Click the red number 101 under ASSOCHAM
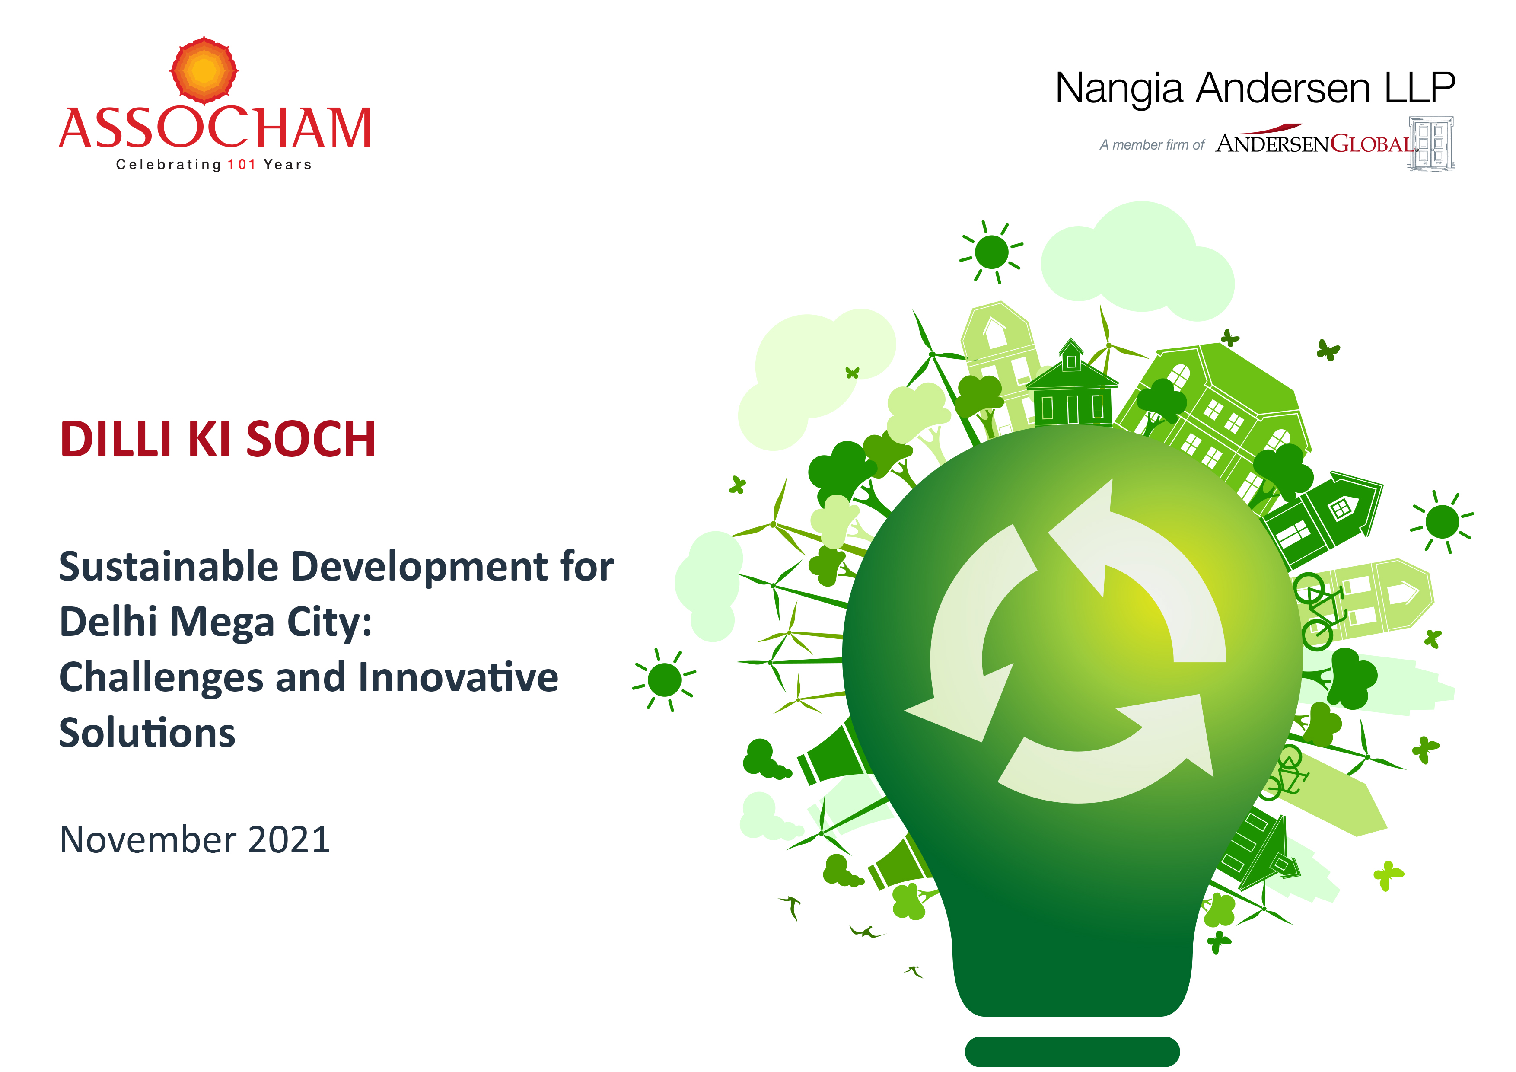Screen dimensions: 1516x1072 (x=242, y=164)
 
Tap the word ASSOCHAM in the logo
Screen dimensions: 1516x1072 (x=215, y=128)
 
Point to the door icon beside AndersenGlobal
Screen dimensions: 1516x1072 (x=1431, y=144)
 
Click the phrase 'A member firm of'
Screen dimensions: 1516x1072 (x=1152, y=145)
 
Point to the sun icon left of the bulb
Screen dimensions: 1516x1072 (x=664, y=680)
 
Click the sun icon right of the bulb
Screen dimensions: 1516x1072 (x=1442, y=522)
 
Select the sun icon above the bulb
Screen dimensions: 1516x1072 (x=991, y=252)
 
